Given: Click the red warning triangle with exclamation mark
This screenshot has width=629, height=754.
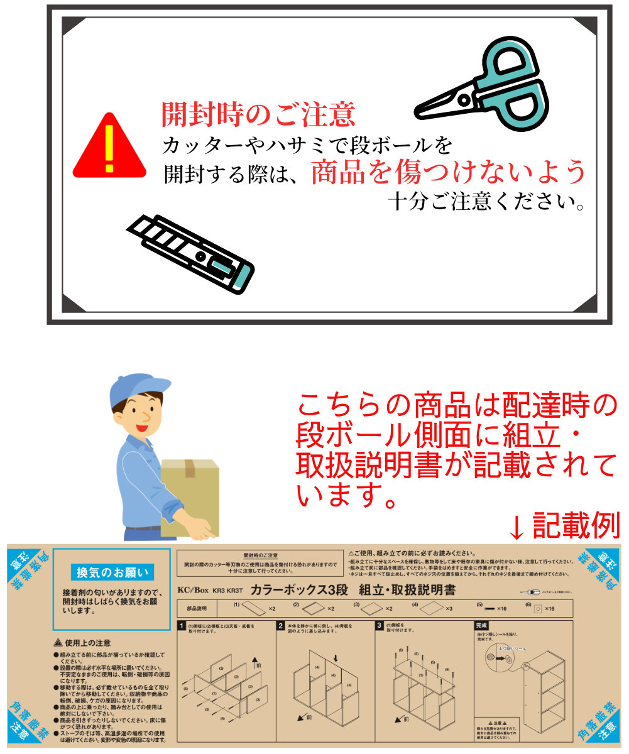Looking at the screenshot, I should coord(110,148).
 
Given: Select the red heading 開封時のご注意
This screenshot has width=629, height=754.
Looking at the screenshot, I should coord(258,114).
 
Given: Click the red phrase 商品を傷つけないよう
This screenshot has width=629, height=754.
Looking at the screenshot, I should coord(449,172).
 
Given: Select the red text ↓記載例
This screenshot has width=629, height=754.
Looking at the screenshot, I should coord(564,525).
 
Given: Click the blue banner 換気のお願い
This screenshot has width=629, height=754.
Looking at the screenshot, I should coord(112,572).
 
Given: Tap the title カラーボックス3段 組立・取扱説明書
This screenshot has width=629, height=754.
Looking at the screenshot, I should coord(353,590).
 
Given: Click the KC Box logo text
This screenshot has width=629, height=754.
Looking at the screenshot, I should coord(192,591).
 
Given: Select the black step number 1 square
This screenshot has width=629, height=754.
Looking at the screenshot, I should coord(182,626).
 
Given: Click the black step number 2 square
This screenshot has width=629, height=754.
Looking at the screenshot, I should coord(280,626).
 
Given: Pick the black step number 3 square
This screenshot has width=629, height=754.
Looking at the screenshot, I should coord(379,626).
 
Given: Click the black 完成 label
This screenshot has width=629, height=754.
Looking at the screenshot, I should coord(482,626).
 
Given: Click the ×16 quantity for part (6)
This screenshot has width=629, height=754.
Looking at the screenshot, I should coord(548,609).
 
